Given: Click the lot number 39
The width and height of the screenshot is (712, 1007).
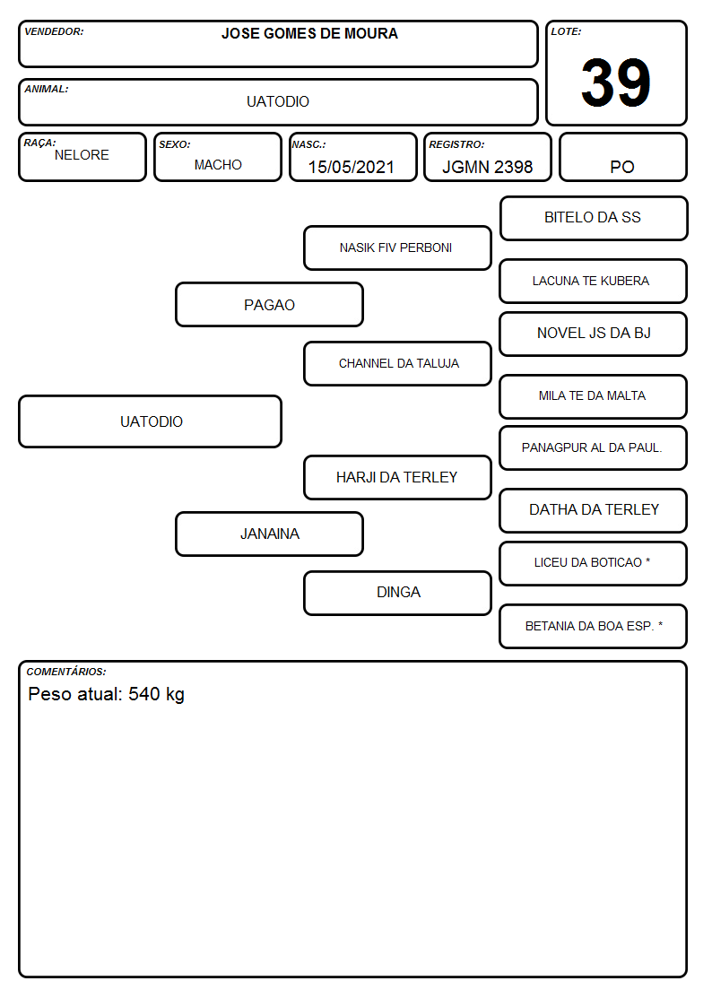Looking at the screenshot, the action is coord(616,82).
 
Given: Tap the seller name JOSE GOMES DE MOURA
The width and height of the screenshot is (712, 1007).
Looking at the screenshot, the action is coord(309,33).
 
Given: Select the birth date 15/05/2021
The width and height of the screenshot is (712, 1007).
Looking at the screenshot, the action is coord(352,167).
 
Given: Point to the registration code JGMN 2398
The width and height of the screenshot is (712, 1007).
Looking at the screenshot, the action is coord(487,167).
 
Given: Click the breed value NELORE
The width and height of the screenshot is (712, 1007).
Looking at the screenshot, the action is coord(82,155).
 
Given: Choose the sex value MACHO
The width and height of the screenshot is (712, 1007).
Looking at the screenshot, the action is coord(218,165).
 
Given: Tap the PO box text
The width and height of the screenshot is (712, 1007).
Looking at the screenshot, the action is coord(622,167).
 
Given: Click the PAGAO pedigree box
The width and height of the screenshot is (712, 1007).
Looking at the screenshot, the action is coord(270,304).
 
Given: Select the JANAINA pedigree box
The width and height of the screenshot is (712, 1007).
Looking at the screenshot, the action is coord(270,534).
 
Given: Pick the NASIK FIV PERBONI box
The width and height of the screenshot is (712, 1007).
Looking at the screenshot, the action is coord(397,247).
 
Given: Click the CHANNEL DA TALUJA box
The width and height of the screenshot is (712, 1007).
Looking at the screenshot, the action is coord(397,363).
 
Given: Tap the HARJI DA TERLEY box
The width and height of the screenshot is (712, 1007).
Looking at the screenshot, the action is coord(397,477).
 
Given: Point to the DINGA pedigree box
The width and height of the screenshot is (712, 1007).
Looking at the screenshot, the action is coord(397,593).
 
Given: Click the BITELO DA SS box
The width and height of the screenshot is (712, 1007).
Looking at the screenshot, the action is coord(594,219).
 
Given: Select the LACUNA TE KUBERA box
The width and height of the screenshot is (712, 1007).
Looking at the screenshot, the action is coord(594,281).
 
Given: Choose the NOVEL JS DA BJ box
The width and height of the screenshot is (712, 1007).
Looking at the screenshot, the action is coord(594,334).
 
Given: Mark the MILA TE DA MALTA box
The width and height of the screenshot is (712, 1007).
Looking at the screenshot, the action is coord(594,396).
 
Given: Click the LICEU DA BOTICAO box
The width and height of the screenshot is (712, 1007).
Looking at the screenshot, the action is coord(594,563).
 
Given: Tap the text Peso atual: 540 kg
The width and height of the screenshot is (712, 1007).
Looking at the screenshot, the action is coord(107,694).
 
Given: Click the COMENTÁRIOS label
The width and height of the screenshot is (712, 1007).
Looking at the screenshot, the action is coord(66,672).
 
